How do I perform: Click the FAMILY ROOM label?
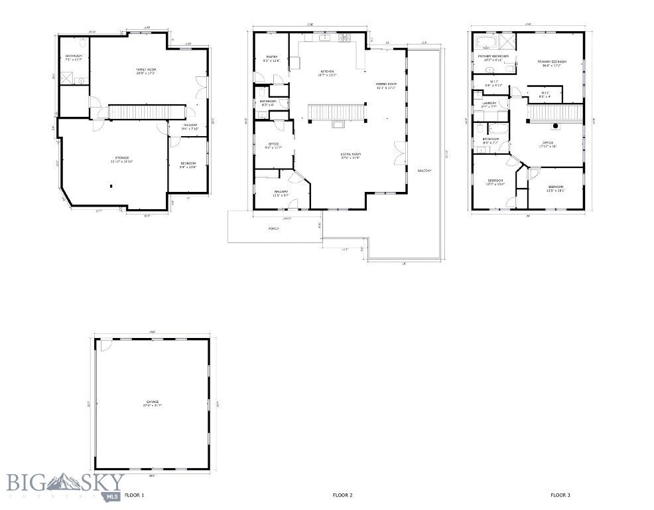pos(141,68)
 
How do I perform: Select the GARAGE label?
pos(153,402)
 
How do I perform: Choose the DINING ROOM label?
pos(386,84)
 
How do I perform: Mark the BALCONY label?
pos(424,171)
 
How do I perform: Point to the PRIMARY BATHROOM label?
pos(493,56)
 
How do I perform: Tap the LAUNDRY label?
pos(490,104)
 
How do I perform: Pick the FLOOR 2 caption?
pos(342,495)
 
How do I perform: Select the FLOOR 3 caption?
pos(560,495)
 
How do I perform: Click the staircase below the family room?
pos(145,112)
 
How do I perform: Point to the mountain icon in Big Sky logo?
pos(63,479)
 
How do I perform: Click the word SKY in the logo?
pos(101,480)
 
